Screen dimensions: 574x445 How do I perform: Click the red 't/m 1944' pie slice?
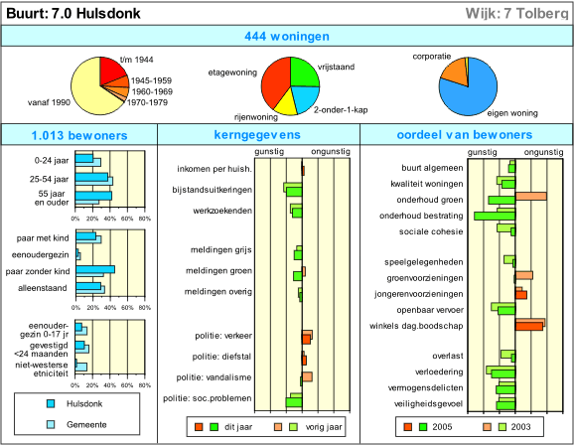tap(111, 71)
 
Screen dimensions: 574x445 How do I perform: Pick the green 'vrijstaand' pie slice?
tap(303, 73)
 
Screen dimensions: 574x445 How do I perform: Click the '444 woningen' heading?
tap(287, 37)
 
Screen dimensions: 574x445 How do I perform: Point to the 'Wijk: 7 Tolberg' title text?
tap(516, 14)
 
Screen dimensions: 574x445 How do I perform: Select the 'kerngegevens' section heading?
tap(257, 135)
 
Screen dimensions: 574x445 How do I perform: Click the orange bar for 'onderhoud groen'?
tap(531, 197)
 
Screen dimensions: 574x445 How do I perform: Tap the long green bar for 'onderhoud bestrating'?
tap(495, 217)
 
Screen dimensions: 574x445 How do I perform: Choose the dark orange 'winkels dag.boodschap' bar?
tap(529, 327)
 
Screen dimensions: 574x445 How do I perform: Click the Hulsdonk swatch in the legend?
tap(51, 404)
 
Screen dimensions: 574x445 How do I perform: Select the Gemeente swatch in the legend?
tap(51, 424)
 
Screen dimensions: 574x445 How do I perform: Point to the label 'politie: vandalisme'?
tap(214, 377)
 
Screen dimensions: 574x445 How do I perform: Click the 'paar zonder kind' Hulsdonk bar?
tap(95, 269)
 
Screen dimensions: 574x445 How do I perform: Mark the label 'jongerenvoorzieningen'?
tap(419, 294)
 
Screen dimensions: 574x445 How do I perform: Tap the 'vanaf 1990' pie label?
tap(49, 102)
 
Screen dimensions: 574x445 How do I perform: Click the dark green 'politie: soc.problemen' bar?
tap(294, 402)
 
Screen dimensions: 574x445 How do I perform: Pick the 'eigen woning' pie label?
tap(512, 113)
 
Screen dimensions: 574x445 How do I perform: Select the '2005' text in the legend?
tap(442, 427)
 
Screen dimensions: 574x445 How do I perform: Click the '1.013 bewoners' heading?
tap(79, 135)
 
